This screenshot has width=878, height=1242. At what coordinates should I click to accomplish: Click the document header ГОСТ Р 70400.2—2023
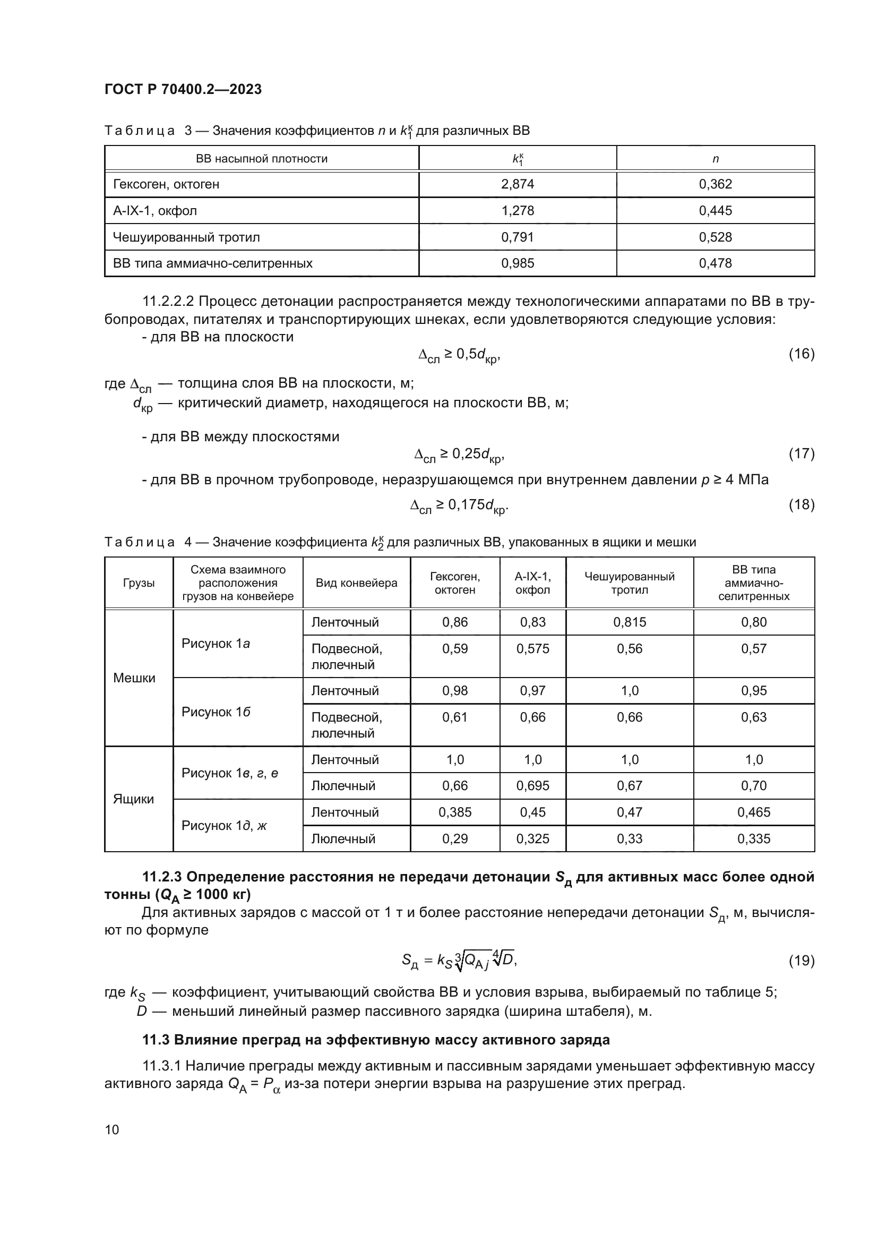pyautogui.click(x=183, y=89)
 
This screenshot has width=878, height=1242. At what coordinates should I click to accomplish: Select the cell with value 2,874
pyautogui.click(x=518, y=184)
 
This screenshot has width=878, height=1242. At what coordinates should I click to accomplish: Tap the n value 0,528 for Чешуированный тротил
pyautogui.click(x=715, y=237)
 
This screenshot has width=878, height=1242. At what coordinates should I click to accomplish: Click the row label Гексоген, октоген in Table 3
pyautogui.click(x=166, y=184)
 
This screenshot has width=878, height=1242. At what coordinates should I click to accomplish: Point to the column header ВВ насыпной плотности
pyautogui.click(x=262, y=158)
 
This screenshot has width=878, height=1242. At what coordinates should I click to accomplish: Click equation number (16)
pyautogui.click(x=801, y=354)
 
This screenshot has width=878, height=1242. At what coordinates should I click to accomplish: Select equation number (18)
pyautogui.click(x=801, y=504)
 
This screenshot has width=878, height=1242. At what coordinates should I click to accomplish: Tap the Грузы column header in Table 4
pyautogui.click(x=139, y=583)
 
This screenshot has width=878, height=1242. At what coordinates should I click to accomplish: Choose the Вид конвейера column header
pyautogui.click(x=356, y=583)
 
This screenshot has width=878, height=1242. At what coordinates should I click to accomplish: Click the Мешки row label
pyautogui.click(x=134, y=678)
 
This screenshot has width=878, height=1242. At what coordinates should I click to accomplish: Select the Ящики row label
pyautogui.click(x=134, y=800)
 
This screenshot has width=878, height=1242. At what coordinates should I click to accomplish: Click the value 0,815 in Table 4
pyautogui.click(x=630, y=623)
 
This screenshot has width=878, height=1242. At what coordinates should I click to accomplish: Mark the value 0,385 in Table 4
pyautogui.click(x=455, y=812)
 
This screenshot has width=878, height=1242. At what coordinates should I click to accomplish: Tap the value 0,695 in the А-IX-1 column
pyautogui.click(x=532, y=786)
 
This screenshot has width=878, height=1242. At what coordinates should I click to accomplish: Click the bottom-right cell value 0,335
pyautogui.click(x=754, y=839)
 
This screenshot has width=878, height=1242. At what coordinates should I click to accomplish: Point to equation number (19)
pyautogui.click(x=801, y=961)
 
